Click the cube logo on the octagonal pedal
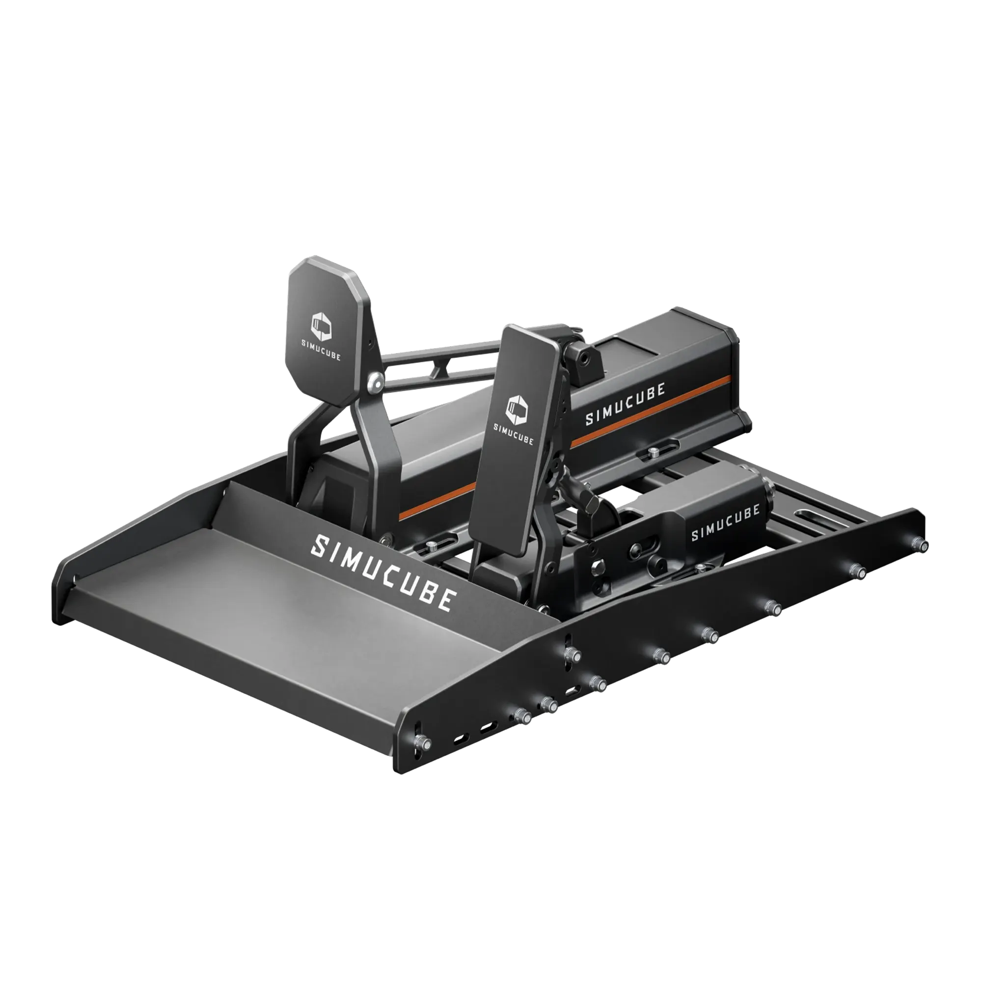tap(321, 327)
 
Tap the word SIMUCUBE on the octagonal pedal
tap(321, 350)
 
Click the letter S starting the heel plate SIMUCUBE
tap(319, 546)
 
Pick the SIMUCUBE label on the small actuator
tap(725, 522)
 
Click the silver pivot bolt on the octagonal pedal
tap(376, 380)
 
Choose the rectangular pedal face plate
tap(514, 447)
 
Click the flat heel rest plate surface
tap(285, 630)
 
